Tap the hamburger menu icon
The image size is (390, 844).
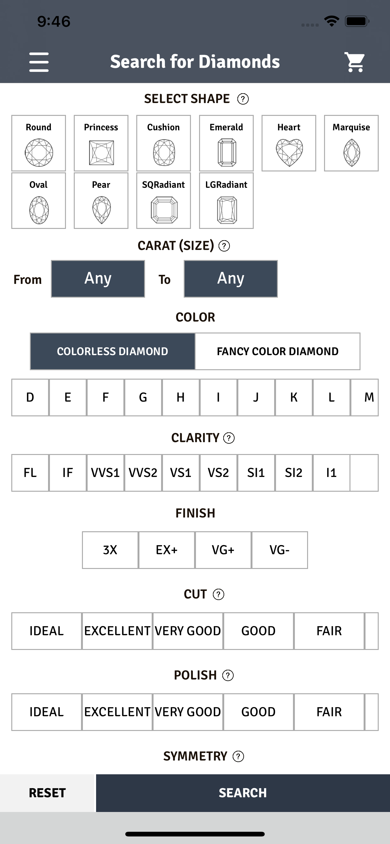pos(39,62)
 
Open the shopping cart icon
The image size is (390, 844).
pos(355,62)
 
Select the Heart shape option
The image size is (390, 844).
pos(289,143)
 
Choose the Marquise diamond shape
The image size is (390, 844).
pos(351,143)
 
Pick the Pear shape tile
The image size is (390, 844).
pos(101,201)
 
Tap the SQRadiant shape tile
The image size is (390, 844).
pos(164,201)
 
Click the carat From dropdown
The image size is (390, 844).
pos(98,279)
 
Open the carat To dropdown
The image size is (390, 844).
pos(231,279)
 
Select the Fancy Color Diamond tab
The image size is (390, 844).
pos(278,351)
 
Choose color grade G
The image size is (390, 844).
pos(143,398)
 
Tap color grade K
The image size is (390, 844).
pos(294,398)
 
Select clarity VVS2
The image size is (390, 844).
pos(143,473)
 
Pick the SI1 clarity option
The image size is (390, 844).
pos(256,473)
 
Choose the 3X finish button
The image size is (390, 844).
pos(110,550)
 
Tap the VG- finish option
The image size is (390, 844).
pos(279,550)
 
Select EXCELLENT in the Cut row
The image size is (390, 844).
pos(117,631)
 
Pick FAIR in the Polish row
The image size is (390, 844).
pos(329,712)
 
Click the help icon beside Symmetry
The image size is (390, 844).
pos(238,756)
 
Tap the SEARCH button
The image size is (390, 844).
pos(243,793)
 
